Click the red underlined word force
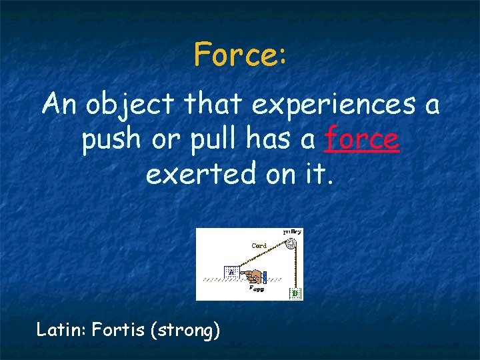click(x=362, y=140)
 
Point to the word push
click(x=109, y=140)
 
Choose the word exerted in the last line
click(x=190, y=175)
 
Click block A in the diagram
click(x=231, y=272)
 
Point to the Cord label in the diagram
click(x=259, y=246)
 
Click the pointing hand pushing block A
click(x=251, y=275)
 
